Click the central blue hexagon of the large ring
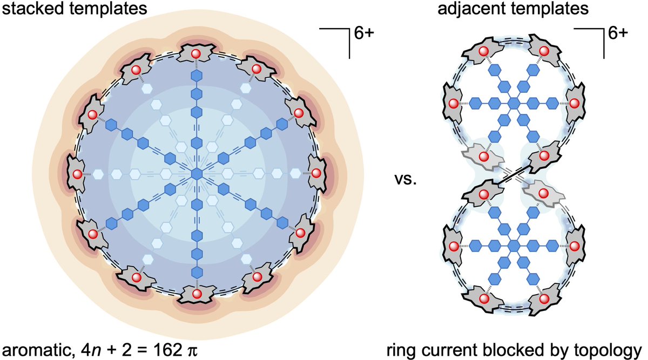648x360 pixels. (197, 174)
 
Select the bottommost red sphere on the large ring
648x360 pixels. (197, 294)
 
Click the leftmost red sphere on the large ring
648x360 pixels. (77, 174)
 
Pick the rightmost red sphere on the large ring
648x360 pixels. (317, 174)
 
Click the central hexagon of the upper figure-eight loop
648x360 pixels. (514, 102)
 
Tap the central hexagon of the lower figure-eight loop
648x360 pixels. (514, 246)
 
